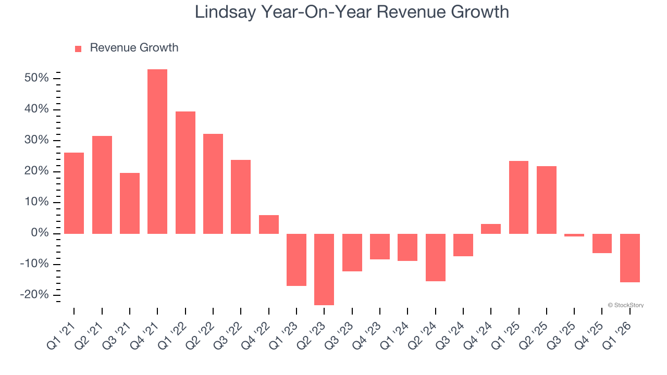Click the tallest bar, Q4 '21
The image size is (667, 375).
157,151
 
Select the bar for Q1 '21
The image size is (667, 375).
74,193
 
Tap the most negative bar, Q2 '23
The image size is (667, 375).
324,269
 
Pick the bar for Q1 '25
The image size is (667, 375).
518,197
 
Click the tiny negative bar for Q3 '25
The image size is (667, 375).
574,235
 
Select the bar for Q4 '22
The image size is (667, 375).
269,224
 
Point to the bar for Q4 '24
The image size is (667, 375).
491,229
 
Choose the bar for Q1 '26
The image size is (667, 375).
630,258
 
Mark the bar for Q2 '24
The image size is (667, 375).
436,257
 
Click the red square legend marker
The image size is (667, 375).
78,48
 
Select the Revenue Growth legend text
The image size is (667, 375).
134,48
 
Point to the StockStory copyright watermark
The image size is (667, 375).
625,305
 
